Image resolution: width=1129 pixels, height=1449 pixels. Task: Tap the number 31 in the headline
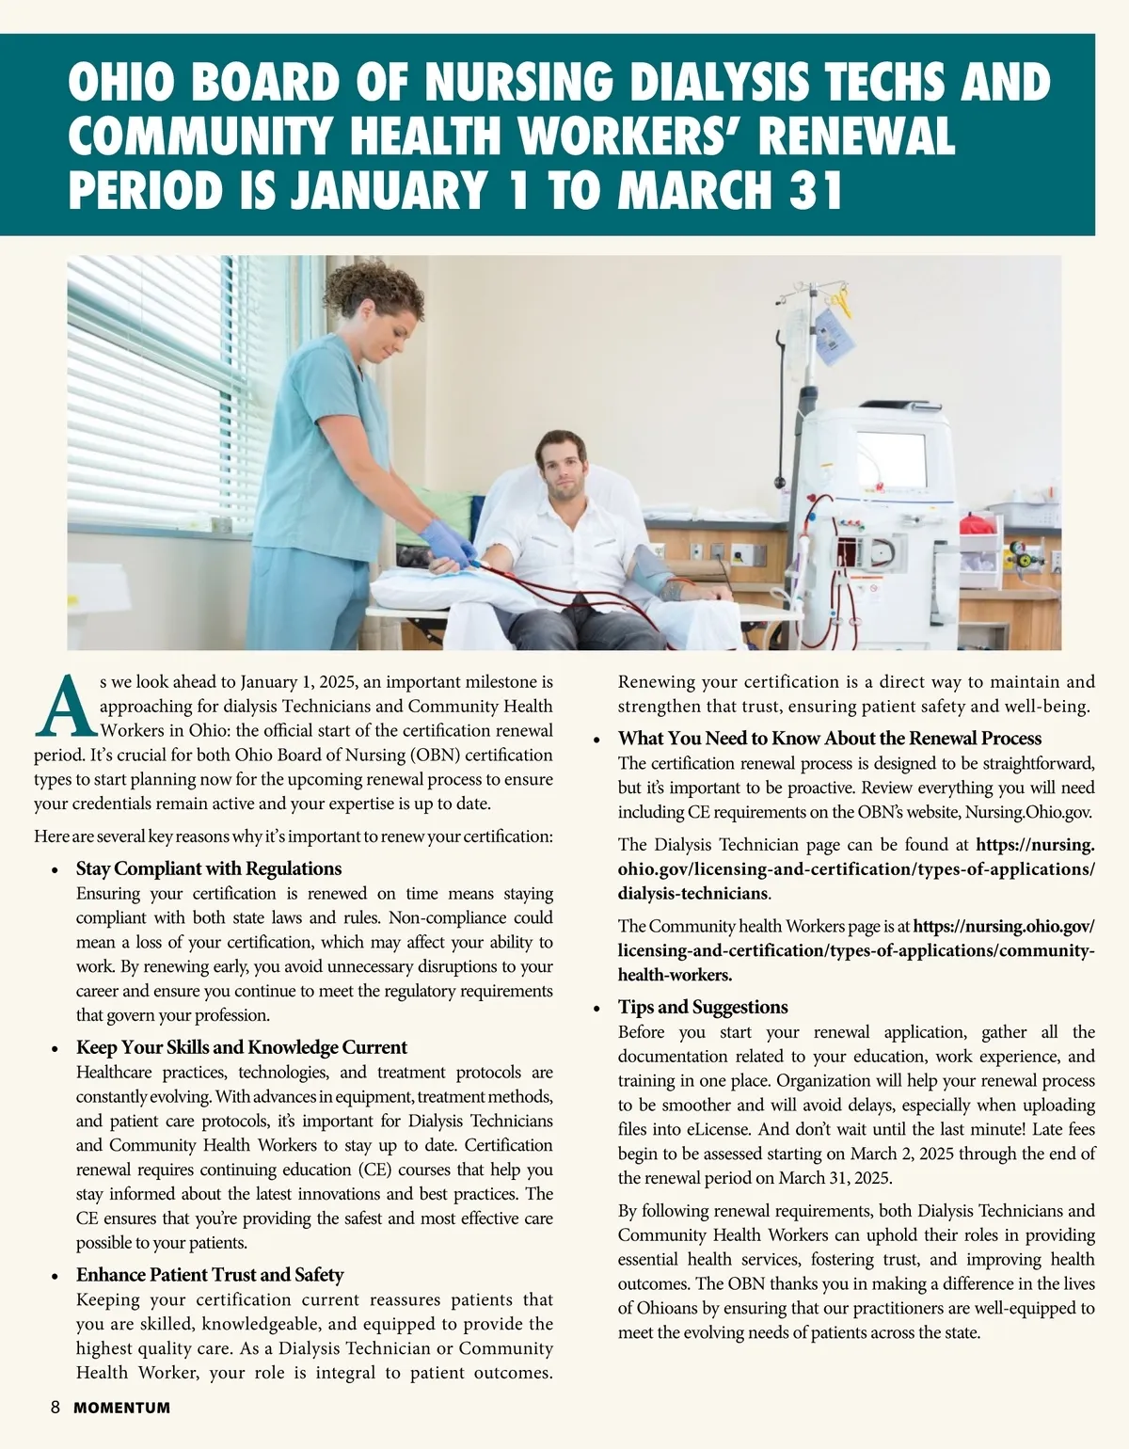tap(810, 189)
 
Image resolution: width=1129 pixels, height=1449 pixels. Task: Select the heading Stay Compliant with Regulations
tap(208, 868)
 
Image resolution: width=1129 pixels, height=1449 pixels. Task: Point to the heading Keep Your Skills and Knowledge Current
tap(241, 1047)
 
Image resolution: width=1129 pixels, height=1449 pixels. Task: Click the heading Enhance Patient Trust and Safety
tap(209, 1275)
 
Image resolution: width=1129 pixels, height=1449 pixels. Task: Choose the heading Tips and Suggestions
tap(703, 1007)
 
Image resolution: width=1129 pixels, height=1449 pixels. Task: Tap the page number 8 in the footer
tap(56, 1408)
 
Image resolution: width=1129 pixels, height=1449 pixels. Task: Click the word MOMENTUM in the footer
tap(122, 1409)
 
